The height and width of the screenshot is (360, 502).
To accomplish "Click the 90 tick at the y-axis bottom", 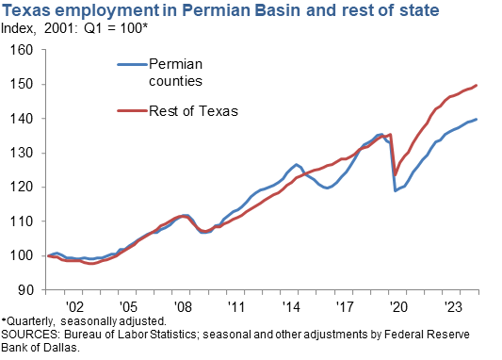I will (x=24, y=289).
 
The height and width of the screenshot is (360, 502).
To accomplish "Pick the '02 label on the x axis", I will (x=73, y=306).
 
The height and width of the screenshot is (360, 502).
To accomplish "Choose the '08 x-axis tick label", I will (x=184, y=306).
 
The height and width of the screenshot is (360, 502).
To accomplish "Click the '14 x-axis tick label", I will (x=294, y=306).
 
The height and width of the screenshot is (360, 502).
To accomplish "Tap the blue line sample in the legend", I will (x=130, y=64).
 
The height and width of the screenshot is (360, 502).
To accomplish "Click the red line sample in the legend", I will (x=130, y=111).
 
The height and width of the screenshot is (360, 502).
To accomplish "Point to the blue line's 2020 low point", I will (x=396, y=191).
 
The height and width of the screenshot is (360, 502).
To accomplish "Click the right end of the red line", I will (x=477, y=86).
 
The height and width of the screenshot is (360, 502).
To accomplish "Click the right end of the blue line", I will (x=477, y=120).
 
